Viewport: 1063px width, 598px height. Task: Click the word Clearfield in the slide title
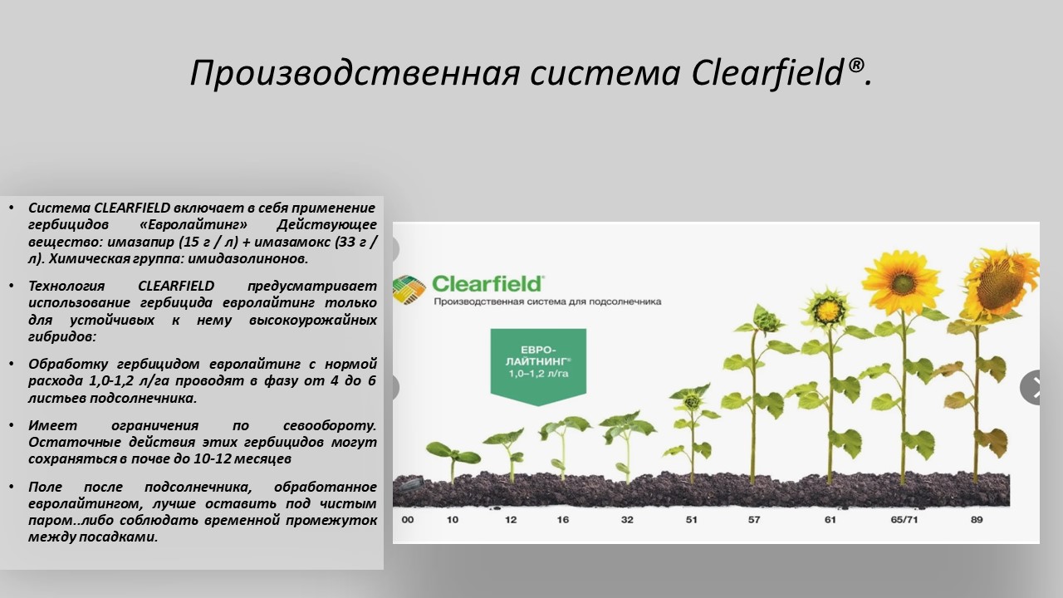click(x=767, y=73)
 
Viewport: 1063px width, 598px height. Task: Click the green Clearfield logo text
click(x=487, y=284)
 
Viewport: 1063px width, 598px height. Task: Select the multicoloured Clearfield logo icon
click(x=409, y=289)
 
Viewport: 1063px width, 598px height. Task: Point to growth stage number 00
click(x=408, y=520)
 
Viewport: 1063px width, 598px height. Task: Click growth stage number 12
click(x=511, y=520)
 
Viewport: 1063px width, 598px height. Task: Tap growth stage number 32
click(x=627, y=520)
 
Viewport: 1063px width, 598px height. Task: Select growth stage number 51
click(x=692, y=520)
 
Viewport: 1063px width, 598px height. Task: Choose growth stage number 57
click(x=754, y=520)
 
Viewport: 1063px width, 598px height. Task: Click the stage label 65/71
click(x=904, y=520)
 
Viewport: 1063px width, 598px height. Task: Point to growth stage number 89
click(x=977, y=520)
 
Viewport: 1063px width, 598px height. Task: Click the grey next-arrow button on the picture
click(x=1031, y=387)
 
